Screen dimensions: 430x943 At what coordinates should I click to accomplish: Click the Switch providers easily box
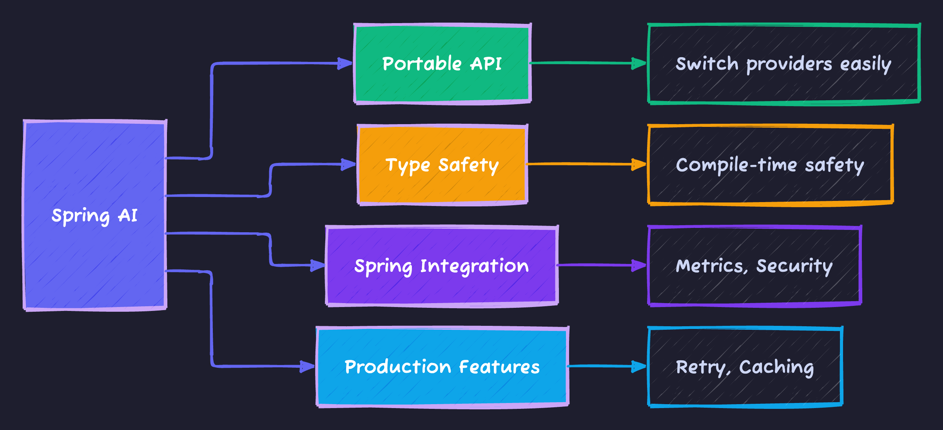point(784,84)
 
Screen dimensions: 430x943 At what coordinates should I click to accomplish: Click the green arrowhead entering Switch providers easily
point(639,63)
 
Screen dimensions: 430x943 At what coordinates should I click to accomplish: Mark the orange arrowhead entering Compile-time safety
point(639,164)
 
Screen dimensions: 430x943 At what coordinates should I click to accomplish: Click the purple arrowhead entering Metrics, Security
point(639,266)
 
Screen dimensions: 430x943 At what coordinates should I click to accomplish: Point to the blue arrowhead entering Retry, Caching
point(639,367)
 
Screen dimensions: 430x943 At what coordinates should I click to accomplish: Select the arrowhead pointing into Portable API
point(345,63)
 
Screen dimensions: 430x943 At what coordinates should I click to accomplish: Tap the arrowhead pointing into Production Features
point(307,367)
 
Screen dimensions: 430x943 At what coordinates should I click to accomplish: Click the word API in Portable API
point(486,64)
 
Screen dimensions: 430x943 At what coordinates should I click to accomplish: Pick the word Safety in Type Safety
point(468,165)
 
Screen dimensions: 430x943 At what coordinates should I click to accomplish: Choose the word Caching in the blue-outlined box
point(776,367)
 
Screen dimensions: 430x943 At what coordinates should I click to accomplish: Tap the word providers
point(789,64)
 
